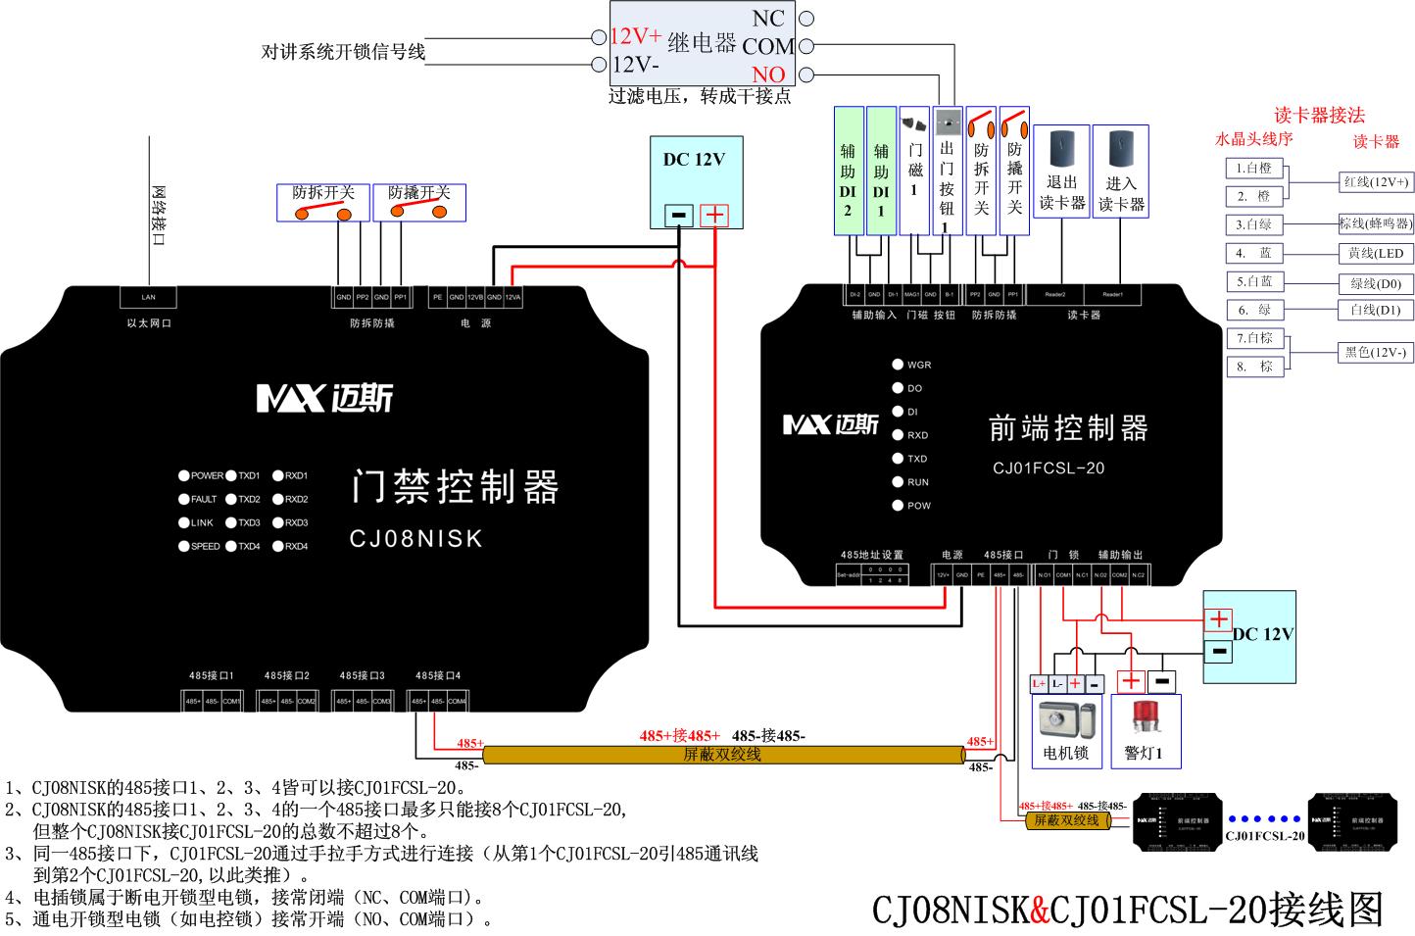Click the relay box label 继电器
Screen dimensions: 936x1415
tap(702, 43)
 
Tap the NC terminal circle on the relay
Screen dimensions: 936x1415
tap(805, 19)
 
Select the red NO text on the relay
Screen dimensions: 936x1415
tap(768, 74)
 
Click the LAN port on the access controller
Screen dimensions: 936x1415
tap(148, 297)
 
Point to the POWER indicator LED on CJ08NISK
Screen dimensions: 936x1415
tap(184, 476)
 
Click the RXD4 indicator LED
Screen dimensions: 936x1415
tap(278, 547)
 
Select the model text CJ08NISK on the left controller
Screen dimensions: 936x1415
tap(415, 538)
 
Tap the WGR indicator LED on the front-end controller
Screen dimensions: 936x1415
tap(898, 365)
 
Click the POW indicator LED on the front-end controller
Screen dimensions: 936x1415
tap(898, 506)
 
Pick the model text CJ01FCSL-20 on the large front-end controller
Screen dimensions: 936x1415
tap(1048, 468)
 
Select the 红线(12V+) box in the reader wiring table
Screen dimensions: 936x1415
tap(1376, 182)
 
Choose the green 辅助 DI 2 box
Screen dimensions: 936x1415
tap(848, 171)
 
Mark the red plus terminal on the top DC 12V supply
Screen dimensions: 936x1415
tap(715, 215)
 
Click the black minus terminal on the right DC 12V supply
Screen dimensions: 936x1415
tap(1219, 650)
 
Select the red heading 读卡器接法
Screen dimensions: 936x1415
tap(1319, 116)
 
